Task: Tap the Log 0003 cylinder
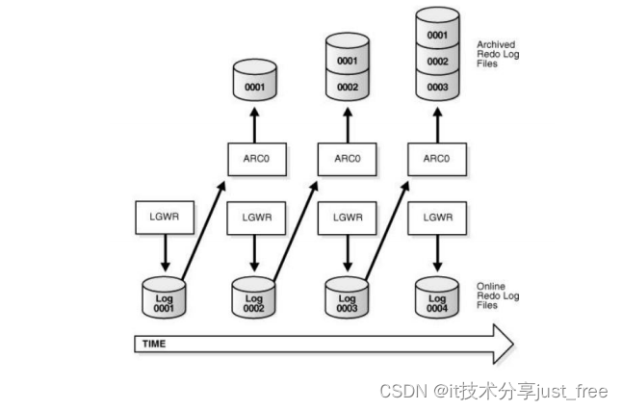[x=348, y=297]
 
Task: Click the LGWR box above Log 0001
[x=165, y=217]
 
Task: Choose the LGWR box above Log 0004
[x=437, y=217]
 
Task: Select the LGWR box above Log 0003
[x=347, y=217]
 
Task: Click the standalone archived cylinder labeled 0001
[x=255, y=85]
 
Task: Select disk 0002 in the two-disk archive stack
[x=347, y=87]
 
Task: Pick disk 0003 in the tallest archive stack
[x=437, y=88]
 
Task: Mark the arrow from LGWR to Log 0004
[x=437, y=252]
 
